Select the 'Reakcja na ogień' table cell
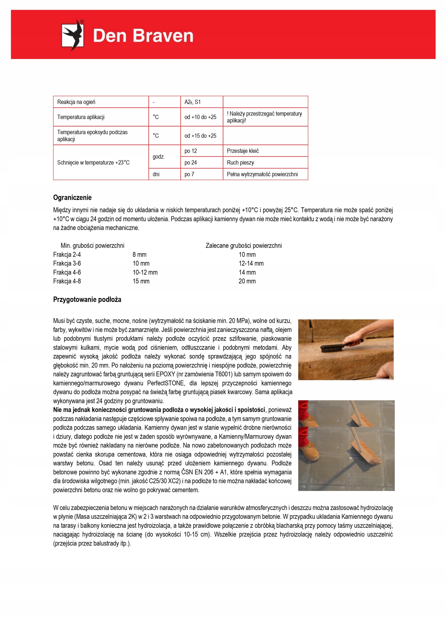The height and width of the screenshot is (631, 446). point(76,102)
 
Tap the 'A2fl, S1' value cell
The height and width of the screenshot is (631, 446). point(192,102)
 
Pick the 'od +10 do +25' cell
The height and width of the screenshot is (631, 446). point(200,117)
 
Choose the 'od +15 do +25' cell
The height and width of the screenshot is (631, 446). point(200,136)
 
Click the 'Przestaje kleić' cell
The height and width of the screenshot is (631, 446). point(243,151)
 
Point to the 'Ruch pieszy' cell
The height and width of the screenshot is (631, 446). point(240,162)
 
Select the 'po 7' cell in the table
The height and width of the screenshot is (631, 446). point(189,174)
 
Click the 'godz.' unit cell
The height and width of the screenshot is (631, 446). point(158,157)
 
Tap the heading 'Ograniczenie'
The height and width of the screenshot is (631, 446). point(72,198)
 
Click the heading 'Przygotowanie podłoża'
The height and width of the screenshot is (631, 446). point(87,299)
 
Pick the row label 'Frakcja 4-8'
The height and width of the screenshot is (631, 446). point(67,281)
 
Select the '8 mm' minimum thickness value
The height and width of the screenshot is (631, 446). point(139,254)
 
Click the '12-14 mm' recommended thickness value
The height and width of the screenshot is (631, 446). point(251,263)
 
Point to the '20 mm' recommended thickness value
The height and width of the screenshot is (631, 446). point(247,281)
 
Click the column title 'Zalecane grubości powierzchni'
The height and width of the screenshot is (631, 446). point(243,245)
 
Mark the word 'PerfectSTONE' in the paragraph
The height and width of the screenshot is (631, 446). point(165,383)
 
